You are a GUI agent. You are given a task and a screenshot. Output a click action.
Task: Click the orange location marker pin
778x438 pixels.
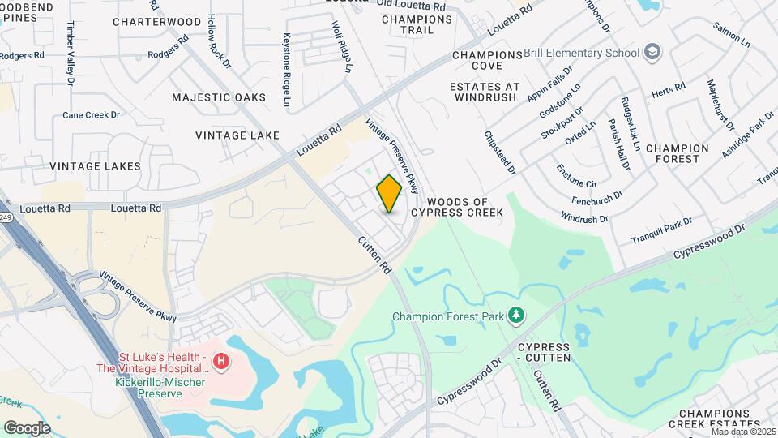click(389, 194)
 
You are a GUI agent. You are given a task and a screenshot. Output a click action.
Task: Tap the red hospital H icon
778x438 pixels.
click(220, 359)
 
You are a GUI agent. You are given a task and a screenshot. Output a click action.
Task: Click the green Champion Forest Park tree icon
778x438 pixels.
click(515, 315)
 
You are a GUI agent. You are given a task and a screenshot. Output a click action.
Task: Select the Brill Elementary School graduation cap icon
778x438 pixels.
click(652, 53)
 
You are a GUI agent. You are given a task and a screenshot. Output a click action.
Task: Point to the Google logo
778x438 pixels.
click(27, 427)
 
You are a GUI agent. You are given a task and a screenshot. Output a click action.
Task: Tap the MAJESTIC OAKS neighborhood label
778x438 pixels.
click(218, 97)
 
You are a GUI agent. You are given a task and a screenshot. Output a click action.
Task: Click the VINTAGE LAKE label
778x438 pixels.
click(232, 135)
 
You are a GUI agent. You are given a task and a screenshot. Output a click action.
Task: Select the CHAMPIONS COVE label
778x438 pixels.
click(487, 60)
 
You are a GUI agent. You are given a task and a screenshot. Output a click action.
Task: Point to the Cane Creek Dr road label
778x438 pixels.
click(91, 115)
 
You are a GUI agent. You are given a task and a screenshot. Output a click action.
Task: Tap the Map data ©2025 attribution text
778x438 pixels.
click(743, 432)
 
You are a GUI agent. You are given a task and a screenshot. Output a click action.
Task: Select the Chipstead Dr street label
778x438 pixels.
click(499, 152)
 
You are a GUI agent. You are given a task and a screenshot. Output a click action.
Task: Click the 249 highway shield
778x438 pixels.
click(5, 217)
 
